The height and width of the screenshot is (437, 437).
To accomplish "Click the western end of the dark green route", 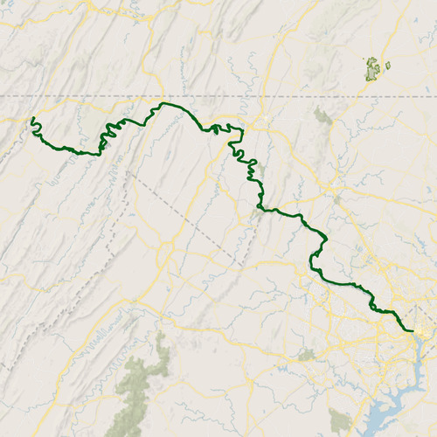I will tap(32, 118).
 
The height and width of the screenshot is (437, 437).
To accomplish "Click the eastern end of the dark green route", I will tap(411, 330).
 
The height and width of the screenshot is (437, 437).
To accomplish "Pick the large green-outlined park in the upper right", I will tap(374, 68).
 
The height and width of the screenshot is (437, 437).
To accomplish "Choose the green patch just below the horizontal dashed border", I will tap(323, 115).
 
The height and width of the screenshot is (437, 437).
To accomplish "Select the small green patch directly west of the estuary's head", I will tap(305, 355).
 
